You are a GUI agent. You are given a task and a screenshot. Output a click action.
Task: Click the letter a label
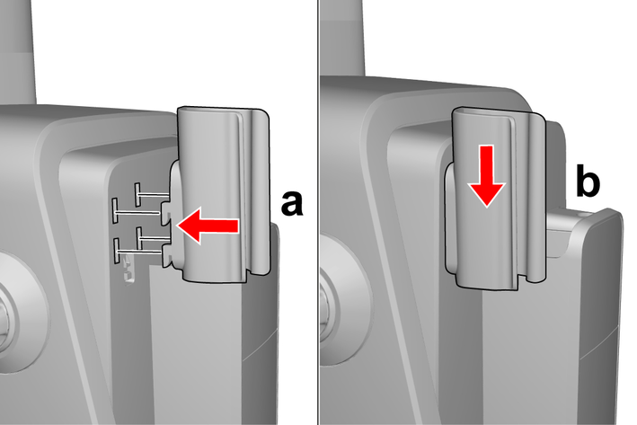(x=292, y=204)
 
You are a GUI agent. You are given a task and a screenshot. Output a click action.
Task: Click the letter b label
(x=588, y=183)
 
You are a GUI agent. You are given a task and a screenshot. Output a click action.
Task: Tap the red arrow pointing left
(x=208, y=226)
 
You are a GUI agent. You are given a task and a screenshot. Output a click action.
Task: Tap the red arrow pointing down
(x=486, y=176)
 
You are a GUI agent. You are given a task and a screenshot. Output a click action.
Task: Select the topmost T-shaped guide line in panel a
(x=153, y=194)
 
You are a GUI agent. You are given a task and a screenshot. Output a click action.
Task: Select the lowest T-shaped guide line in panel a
(x=139, y=252)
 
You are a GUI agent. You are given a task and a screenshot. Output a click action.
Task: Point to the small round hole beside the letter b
(x=584, y=212)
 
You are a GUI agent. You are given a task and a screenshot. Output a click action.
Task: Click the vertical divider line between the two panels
(x=318, y=212)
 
